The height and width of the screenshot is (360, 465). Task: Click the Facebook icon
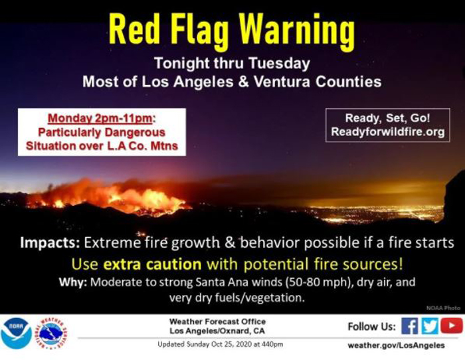pyautogui.click(x=410, y=326)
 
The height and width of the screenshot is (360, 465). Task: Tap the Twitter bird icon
pyautogui.click(x=429, y=326)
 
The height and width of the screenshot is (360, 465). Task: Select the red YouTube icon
pyautogui.click(x=451, y=325)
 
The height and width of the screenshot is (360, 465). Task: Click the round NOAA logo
pyautogui.click(x=16, y=333)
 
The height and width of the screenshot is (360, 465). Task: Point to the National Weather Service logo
pyautogui.click(x=52, y=333)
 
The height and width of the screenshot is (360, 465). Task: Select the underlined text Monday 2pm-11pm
pyautogui.click(x=100, y=118)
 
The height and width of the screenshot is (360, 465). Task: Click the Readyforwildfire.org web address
pyautogui.click(x=387, y=132)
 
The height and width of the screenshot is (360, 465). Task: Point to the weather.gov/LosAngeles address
pyautogui.click(x=396, y=345)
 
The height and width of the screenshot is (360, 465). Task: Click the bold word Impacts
pyautogui.click(x=50, y=243)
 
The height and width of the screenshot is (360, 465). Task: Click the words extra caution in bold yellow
pyautogui.click(x=152, y=264)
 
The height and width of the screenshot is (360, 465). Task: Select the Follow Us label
pyautogui.click(x=371, y=327)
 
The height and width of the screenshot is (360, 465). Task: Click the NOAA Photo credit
pyautogui.click(x=443, y=308)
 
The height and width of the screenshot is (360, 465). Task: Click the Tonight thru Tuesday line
pyautogui.click(x=232, y=64)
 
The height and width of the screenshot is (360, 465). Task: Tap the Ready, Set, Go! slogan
pyautogui.click(x=387, y=118)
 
